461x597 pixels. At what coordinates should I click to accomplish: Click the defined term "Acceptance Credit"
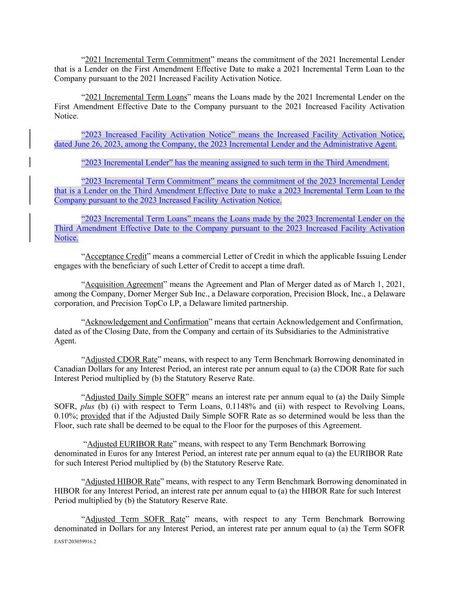pyautogui.click(x=116, y=256)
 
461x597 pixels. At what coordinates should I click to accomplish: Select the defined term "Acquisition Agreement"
pyautogui.click(x=124, y=284)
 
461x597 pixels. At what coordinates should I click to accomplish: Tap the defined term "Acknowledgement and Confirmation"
pyautogui.click(x=147, y=322)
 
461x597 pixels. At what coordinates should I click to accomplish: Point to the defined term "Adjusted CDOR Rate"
pyautogui.click(x=121, y=360)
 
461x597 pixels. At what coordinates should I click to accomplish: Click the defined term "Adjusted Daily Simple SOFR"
pyautogui.click(x=135, y=397)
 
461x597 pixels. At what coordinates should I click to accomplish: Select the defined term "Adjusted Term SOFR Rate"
pyautogui.click(x=135, y=519)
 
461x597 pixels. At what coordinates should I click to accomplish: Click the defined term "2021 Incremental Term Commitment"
pyautogui.click(x=148, y=59)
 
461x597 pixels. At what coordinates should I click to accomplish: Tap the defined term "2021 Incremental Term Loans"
pyautogui.click(x=136, y=97)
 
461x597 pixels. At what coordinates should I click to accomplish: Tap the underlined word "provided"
pyautogui.click(x=95, y=416)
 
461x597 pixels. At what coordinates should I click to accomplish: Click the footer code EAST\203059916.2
pyautogui.click(x=75, y=541)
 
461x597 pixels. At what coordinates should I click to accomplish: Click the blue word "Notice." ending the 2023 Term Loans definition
pyautogui.click(x=66, y=238)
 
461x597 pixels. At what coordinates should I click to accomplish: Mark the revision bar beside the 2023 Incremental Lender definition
pyautogui.click(x=30, y=163)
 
